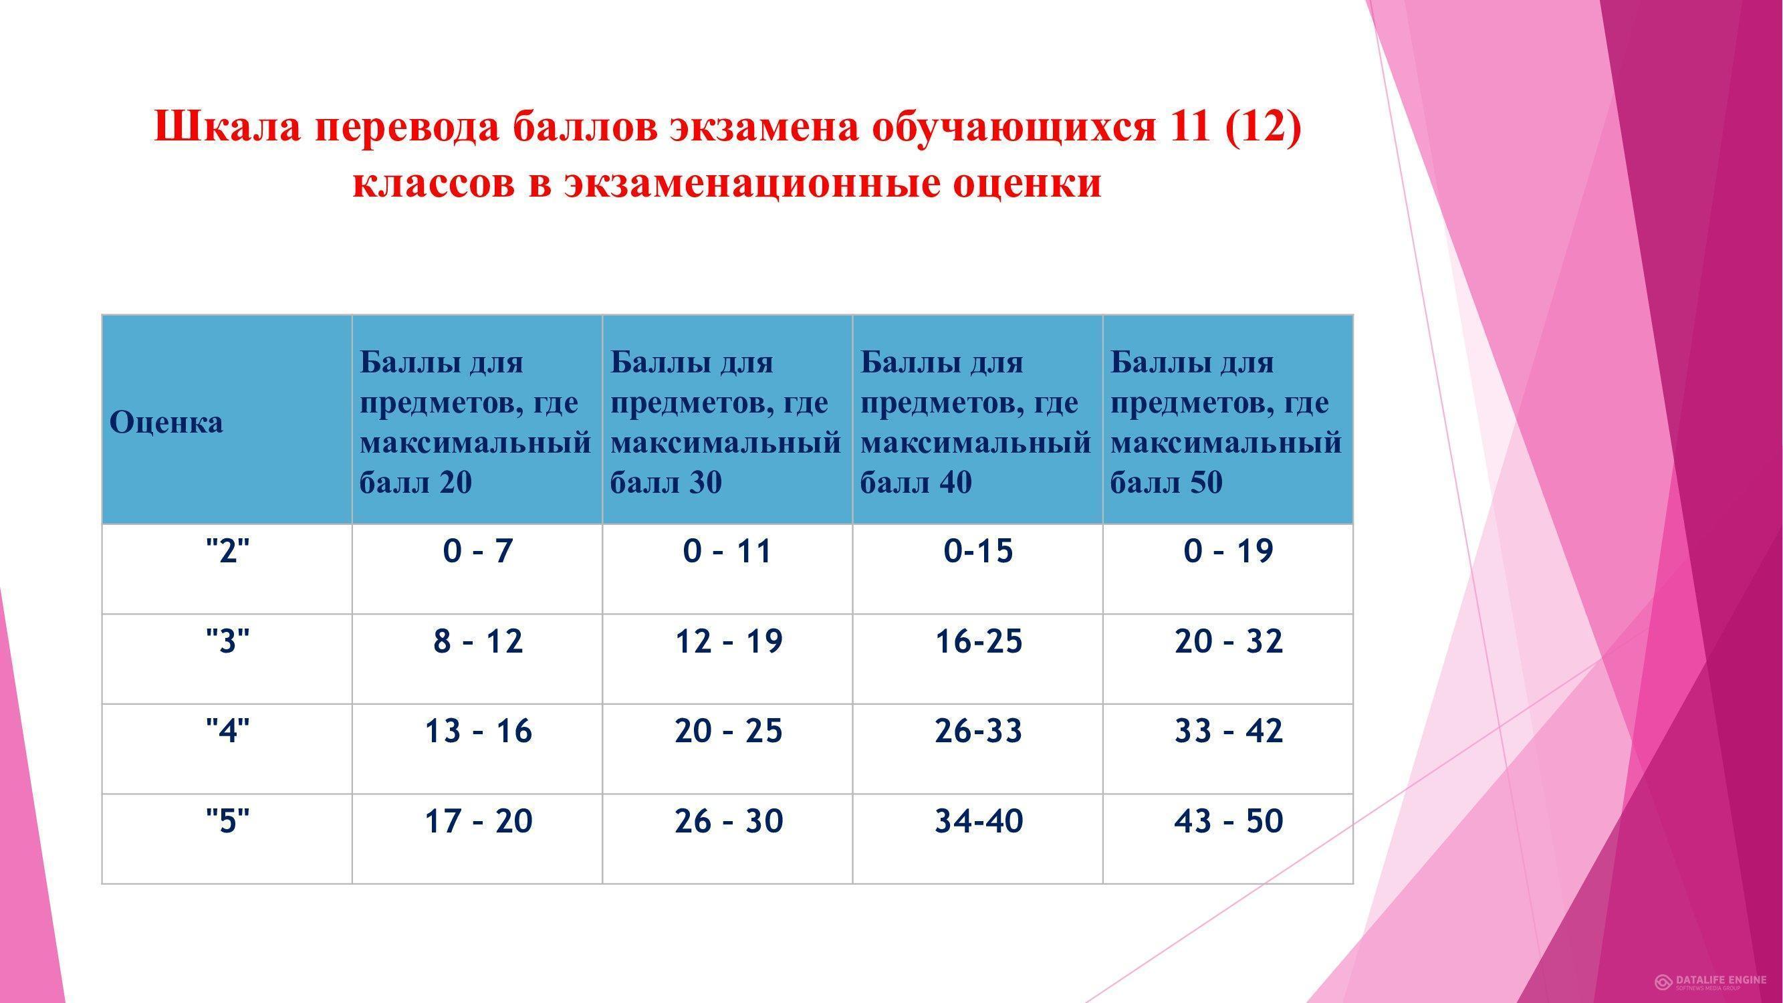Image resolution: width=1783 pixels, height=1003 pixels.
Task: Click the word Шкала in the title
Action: point(227,126)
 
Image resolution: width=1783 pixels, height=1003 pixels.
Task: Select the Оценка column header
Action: point(166,422)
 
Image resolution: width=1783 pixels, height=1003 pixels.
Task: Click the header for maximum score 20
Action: point(475,422)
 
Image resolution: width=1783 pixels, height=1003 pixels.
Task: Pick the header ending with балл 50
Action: point(1226,422)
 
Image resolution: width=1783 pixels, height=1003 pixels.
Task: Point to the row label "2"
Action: point(228,551)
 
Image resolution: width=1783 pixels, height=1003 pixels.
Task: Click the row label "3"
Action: point(228,641)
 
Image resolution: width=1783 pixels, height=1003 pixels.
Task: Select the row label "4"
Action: point(228,731)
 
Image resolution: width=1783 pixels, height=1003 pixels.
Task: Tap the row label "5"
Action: point(228,821)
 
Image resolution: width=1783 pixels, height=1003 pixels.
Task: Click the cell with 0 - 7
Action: point(477,551)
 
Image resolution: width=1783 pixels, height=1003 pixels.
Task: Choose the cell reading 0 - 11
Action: point(727,551)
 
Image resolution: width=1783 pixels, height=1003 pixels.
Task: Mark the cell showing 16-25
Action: point(978,641)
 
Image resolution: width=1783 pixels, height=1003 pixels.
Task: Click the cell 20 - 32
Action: point(1229,641)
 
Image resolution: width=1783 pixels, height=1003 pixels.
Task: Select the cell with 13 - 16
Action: point(477,731)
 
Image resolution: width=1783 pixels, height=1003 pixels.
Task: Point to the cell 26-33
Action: point(978,731)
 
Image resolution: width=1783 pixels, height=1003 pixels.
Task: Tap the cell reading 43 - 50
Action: point(1229,821)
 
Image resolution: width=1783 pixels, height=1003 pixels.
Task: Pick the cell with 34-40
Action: point(978,821)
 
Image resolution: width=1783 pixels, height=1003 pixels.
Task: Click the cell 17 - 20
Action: point(477,821)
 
